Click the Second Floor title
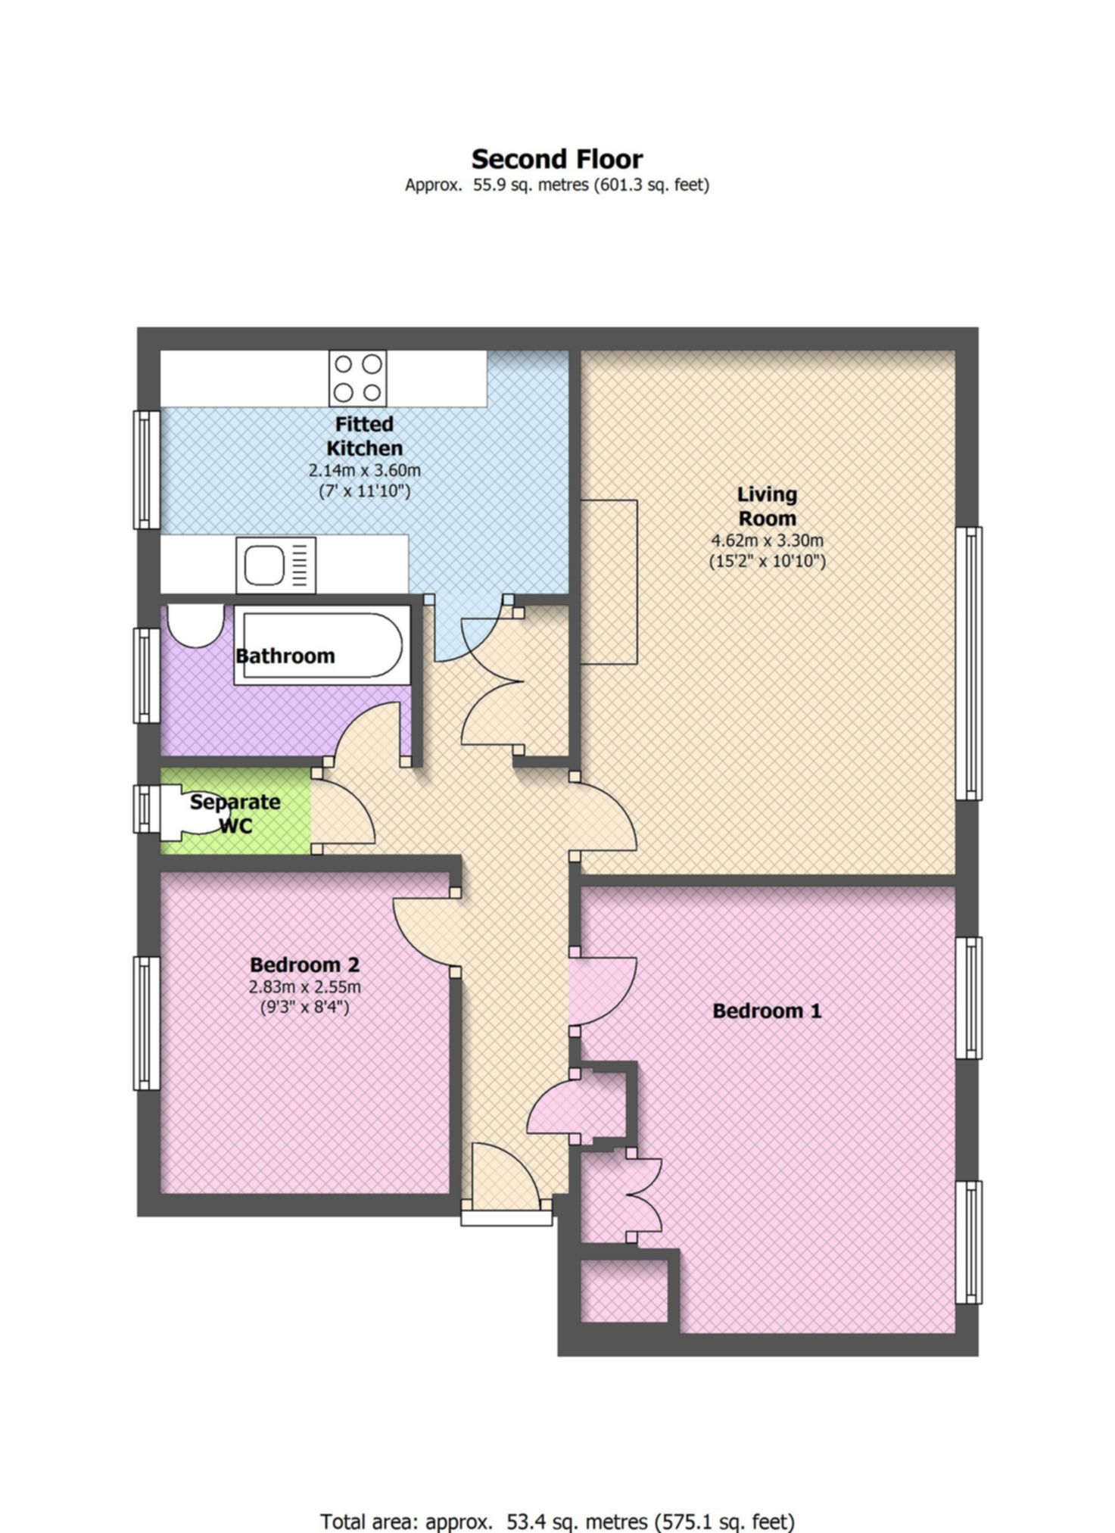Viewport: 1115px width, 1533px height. coord(557,159)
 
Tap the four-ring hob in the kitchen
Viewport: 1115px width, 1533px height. coord(357,378)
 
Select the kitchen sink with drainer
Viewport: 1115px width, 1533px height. coord(276,566)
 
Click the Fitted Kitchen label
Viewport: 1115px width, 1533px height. coord(364,436)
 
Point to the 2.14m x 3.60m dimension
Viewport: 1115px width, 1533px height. coord(364,470)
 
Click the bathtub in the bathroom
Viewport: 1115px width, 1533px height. coord(322,645)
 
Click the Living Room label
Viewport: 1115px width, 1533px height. coord(767,506)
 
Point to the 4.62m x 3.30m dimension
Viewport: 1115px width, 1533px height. coord(767,541)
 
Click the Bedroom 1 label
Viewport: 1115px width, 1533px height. coord(767,1011)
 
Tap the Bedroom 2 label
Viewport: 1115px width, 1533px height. coord(304,964)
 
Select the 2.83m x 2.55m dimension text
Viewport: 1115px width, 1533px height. coord(304,987)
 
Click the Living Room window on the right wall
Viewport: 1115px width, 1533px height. coord(968,663)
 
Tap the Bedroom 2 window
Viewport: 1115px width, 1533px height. coord(147,1023)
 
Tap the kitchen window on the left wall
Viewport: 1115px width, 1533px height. coord(147,469)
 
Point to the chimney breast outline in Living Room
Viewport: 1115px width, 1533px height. coord(609,582)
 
